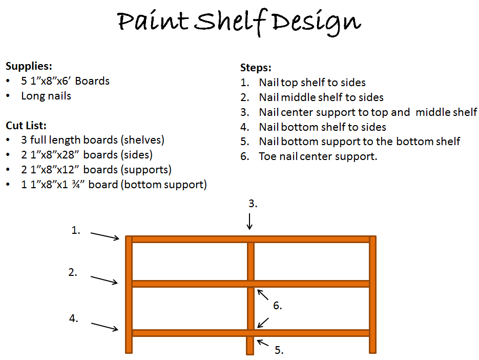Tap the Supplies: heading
pos(29,66)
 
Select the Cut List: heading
pos(26,126)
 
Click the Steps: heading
pos(256,68)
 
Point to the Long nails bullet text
pos(46,96)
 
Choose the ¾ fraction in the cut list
pos(76,185)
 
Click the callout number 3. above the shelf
pos(253,204)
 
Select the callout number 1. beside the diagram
pos(76,230)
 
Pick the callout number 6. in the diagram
pos(277,306)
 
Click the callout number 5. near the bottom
pos(279,350)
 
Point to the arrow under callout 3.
pos(249,222)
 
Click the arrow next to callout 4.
pos(105,327)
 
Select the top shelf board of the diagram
pos(251,239)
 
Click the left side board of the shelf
pos(129,294)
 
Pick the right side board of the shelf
pos(372,294)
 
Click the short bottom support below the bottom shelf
pos(250,346)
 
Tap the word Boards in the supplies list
pos(92,81)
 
